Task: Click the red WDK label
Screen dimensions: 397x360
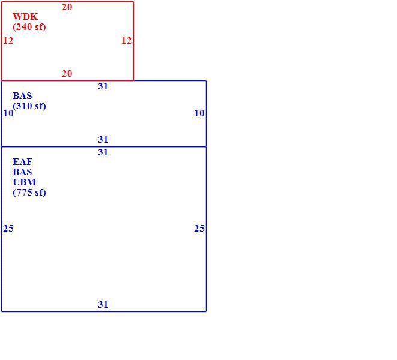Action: [x=25, y=17]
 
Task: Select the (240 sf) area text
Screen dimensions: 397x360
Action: [x=29, y=27]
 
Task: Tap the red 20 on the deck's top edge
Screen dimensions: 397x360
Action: [x=67, y=7]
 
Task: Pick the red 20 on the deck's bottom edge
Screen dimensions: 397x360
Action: [x=67, y=74]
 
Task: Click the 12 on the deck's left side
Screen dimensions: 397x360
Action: [x=8, y=41]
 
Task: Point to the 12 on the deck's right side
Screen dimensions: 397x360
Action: [x=126, y=41]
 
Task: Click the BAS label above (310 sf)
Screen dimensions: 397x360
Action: [x=23, y=96]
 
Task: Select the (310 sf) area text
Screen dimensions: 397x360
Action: [x=29, y=106]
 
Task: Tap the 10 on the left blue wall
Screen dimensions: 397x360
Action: [x=8, y=113]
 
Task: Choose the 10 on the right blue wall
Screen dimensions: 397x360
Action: [x=199, y=113]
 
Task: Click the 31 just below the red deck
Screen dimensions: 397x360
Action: [x=103, y=86]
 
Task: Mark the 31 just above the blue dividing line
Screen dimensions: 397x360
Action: [x=103, y=140]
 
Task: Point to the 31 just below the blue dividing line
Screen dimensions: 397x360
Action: [x=103, y=152]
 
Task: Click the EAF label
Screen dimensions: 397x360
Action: [x=23, y=162]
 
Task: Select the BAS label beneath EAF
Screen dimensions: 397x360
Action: [x=23, y=172]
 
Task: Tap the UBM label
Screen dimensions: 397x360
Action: [x=24, y=182]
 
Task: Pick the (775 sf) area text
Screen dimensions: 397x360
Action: [x=29, y=193]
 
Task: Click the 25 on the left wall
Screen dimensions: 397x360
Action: [x=8, y=229]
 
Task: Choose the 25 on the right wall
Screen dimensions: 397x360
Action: [x=199, y=229]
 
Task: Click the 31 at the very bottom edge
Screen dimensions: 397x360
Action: [x=103, y=305]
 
